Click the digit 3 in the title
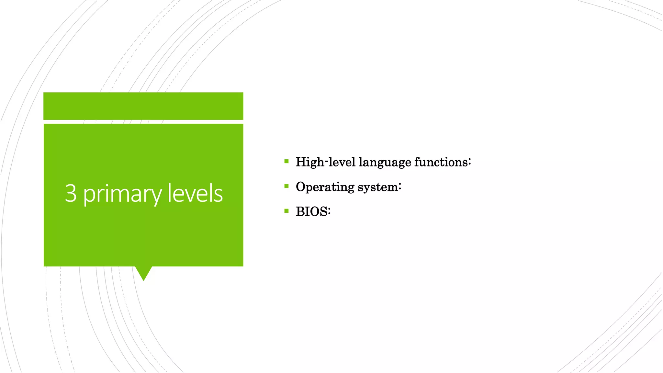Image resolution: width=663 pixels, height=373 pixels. (71, 193)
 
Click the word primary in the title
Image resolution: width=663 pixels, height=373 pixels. (122, 194)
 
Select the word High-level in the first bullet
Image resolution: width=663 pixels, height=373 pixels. (325, 162)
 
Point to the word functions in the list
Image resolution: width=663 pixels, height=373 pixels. (441, 162)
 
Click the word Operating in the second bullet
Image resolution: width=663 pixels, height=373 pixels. (325, 187)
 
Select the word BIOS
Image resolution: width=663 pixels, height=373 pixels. (311, 212)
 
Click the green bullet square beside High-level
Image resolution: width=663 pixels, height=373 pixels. (286, 161)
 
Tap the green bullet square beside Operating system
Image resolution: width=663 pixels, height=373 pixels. (286, 186)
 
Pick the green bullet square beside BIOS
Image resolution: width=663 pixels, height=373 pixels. (286, 211)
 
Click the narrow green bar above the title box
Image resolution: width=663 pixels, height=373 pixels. (143, 106)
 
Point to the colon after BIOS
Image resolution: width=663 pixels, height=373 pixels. (329, 212)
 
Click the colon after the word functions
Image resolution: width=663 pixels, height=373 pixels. (469, 162)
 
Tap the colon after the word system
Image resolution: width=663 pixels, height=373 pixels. (400, 187)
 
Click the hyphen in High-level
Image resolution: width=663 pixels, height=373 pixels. (326, 161)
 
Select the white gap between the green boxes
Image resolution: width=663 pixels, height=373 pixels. (143, 122)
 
